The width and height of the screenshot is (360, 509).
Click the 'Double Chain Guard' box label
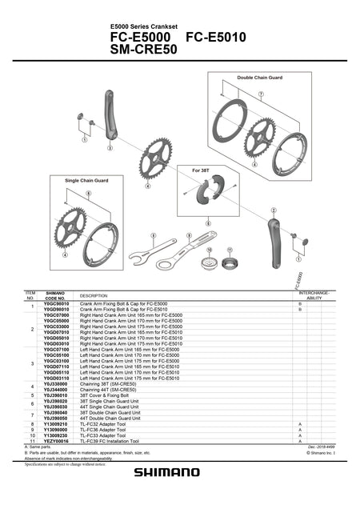click(x=259, y=78)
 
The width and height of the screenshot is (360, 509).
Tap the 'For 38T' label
click(x=202, y=170)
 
